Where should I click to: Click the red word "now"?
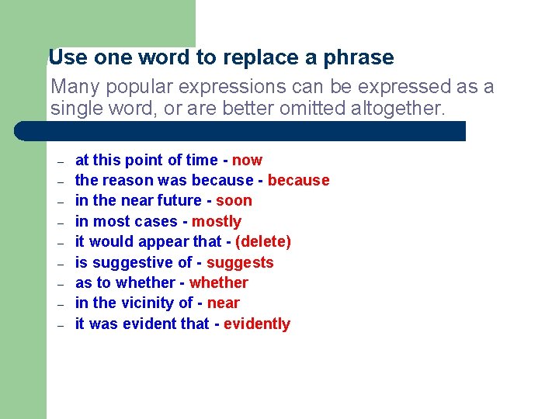click(247, 161)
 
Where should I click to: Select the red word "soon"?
click(234, 201)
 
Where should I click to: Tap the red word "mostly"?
click(217, 221)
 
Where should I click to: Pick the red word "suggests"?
click(240, 263)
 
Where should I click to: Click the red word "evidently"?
click(257, 324)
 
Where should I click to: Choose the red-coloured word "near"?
click(224, 303)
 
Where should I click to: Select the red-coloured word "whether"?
click(218, 283)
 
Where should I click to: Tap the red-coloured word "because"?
click(298, 181)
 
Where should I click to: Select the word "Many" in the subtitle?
click(73, 87)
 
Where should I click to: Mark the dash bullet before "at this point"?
click(59, 162)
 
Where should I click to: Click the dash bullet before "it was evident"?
click(59, 326)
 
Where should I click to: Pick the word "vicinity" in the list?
click(148, 303)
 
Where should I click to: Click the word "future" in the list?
click(180, 201)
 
